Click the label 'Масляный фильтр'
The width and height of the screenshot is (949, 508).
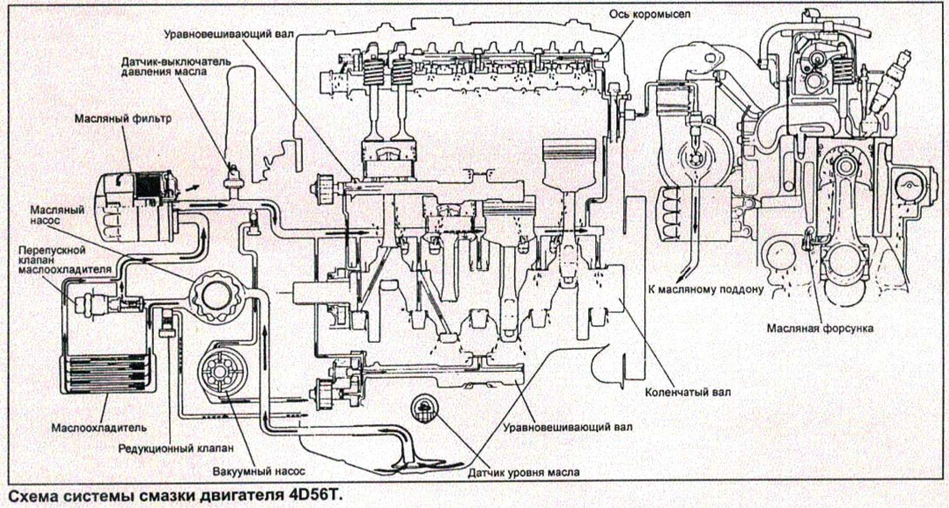click(123, 118)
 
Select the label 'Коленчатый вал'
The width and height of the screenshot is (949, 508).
click(687, 391)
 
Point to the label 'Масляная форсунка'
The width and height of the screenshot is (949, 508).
click(820, 328)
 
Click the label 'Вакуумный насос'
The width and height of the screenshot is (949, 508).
click(259, 472)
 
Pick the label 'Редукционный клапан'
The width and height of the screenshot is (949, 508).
click(176, 448)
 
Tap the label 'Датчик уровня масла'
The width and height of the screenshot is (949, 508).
click(523, 472)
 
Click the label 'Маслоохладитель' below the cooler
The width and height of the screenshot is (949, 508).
click(99, 427)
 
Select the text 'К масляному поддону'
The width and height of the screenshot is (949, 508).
click(706, 289)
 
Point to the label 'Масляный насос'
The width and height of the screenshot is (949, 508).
click(57, 215)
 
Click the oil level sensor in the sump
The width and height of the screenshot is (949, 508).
click(424, 409)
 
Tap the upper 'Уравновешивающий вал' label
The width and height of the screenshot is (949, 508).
click(229, 34)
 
